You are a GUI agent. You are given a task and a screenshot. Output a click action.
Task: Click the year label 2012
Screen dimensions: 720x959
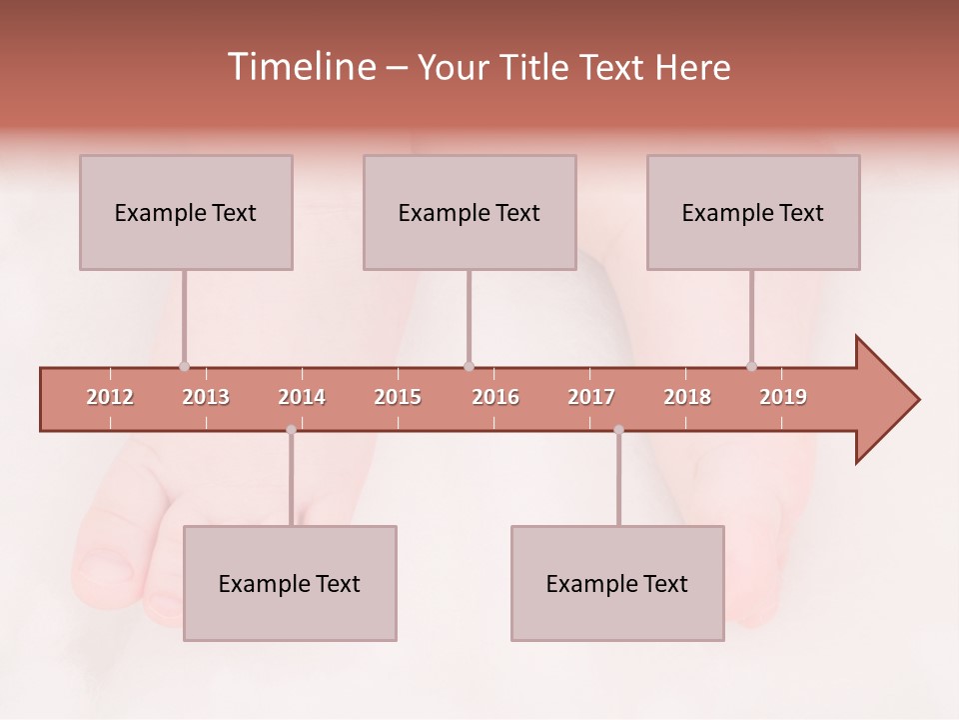(110, 397)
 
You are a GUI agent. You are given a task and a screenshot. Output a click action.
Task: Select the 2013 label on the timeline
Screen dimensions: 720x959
(206, 397)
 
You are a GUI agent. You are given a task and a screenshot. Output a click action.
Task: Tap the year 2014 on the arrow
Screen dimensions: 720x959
(302, 397)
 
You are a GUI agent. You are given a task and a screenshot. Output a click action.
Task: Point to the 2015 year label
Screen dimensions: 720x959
(398, 397)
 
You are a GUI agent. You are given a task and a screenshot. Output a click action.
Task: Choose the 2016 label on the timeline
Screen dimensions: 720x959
(495, 397)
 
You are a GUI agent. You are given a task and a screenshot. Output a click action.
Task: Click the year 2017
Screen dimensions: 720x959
(591, 397)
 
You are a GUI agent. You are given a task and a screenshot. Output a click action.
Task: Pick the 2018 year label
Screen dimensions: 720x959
(687, 397)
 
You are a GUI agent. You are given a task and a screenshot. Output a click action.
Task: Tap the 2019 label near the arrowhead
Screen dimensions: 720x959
(783, 397)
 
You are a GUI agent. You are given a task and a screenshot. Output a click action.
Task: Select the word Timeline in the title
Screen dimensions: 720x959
(300, 67)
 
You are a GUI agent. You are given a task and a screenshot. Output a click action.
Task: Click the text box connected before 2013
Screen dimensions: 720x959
(186, 212)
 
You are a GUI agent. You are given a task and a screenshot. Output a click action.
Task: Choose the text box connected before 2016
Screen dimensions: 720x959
(470, 212)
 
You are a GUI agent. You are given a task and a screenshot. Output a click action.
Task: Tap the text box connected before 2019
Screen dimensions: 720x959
(753, 212)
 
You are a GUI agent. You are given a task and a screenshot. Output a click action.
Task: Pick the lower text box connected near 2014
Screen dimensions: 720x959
(290, 583)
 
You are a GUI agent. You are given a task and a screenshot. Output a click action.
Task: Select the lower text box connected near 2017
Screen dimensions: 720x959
(617, 583)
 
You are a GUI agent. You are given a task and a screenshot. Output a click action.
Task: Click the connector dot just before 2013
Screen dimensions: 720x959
(184, 366)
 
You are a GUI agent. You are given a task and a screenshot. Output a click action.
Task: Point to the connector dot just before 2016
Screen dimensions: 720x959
(469, 366)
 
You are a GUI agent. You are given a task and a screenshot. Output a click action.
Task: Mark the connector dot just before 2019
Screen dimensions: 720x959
(751, 366)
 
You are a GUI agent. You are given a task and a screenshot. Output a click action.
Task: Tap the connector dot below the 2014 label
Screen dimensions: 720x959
(291, 430)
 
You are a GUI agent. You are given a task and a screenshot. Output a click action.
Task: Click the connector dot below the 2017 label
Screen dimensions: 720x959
(618, 430)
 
